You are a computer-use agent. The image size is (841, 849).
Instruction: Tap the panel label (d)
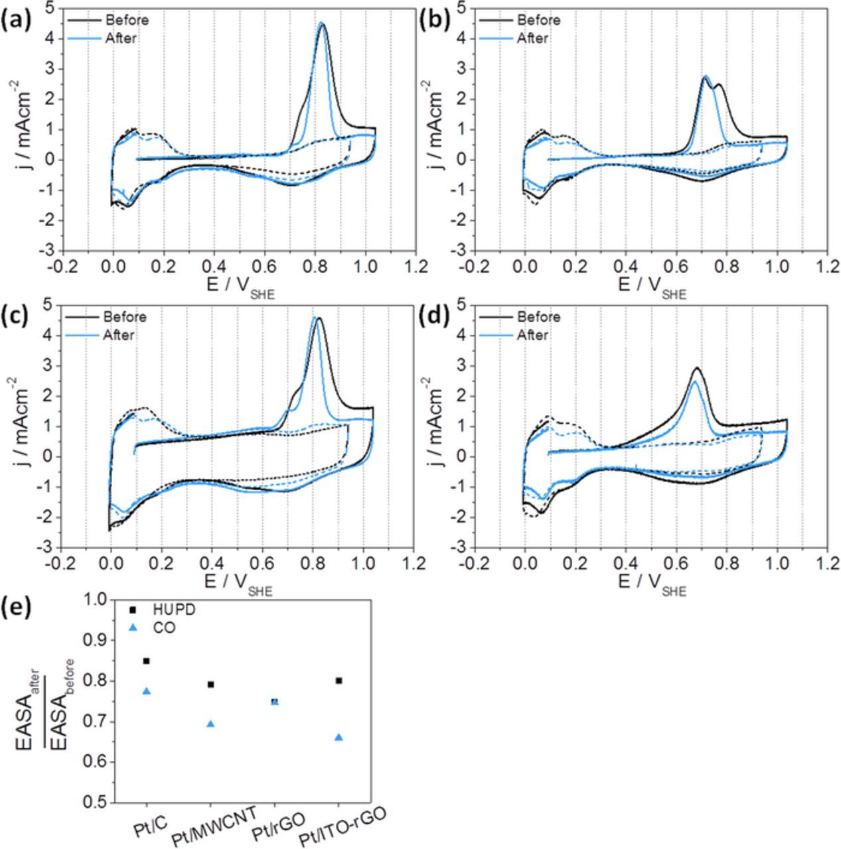tap(435, 318)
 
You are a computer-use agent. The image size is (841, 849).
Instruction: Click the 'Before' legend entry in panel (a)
tap(126, 20)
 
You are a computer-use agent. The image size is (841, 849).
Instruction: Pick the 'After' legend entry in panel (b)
tap(532, 38)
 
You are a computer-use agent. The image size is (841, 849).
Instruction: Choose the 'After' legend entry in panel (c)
tap(119, 335)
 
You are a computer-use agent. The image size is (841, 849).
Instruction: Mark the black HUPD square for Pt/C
tap(146, 661)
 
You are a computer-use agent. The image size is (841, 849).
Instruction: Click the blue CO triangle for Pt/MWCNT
tap(210, 724)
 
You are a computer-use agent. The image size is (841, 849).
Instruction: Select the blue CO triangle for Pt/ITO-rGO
tap(339, 737)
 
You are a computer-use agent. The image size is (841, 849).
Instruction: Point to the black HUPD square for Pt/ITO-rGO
tap(339, 681)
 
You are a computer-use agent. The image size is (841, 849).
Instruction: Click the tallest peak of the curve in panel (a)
tap(322, 23)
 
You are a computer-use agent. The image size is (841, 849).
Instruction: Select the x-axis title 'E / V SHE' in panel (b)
tap(653, 287)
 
